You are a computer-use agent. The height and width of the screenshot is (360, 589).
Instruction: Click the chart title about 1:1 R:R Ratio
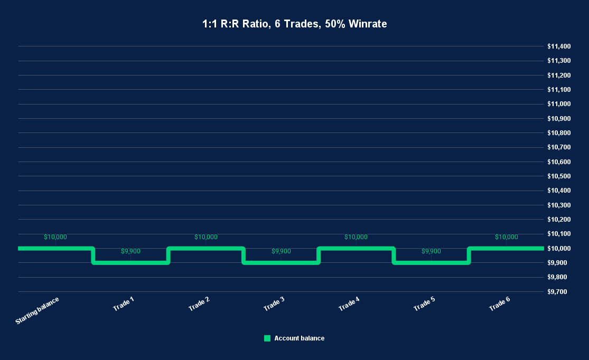(294, 24)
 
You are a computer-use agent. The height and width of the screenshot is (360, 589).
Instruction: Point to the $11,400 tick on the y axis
(558, 46)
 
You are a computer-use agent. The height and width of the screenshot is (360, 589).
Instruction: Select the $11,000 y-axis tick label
(558, 104)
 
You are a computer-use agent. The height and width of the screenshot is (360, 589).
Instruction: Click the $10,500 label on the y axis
(558, 176)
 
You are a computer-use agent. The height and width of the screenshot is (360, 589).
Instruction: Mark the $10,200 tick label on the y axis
(558, 220)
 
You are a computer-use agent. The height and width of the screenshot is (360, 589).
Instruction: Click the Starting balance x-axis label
(38, 310)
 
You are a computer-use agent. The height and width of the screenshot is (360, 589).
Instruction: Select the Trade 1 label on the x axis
(124, 304)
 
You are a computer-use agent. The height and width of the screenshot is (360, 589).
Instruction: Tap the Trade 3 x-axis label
(274, 304)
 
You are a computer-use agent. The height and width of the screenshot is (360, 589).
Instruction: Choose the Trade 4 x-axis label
(349, 304)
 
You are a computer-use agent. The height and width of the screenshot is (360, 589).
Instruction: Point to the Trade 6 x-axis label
(499, 304)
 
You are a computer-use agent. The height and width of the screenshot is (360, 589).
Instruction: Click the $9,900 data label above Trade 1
(130, 251)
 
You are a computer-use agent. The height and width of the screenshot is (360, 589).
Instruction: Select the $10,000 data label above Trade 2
(205, 237)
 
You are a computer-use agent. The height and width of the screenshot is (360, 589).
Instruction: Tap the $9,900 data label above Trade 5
(431, 251)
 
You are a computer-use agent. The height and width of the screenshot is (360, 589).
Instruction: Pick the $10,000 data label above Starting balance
(55, 237)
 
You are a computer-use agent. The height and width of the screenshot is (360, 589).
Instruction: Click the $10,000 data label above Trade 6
(506, 237)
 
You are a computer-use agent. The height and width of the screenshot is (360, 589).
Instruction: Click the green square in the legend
(267, 338)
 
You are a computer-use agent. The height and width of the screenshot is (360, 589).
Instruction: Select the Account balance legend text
(299, 338)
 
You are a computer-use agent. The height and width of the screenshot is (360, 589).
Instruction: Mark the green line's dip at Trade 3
(281, 262)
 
